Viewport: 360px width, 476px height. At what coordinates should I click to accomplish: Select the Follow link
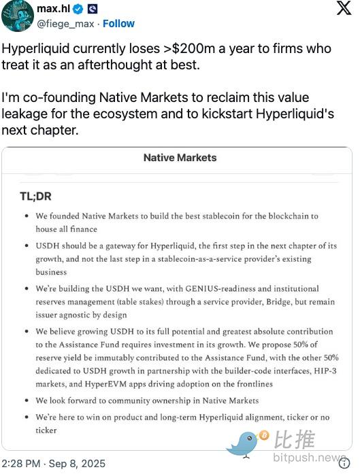point(118,23)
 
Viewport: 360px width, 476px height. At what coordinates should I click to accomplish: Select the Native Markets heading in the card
point(180,158)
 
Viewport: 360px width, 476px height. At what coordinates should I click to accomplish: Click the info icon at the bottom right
point(344,464)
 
